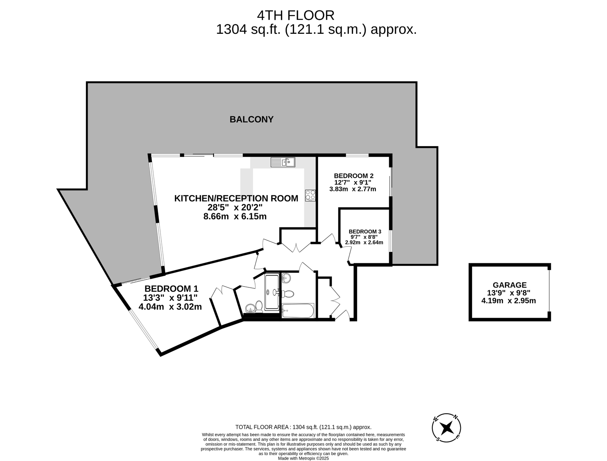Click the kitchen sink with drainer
point(283,162)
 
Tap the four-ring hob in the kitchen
point(310,195)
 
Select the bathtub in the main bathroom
point(298,311)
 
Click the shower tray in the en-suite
point(272,292)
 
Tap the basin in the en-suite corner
point(250,308)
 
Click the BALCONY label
point(252,119)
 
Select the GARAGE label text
point(510,285)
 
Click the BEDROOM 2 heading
point(354,176)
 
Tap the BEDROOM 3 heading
point(365,231)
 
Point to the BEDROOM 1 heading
point(171,289)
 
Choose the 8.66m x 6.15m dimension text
point(235,216)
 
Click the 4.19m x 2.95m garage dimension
point(509,301)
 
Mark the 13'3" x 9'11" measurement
point(170,297)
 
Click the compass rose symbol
point(446,428)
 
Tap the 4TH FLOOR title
point(296,15)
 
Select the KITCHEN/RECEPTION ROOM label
point(236,198)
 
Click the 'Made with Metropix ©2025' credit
point(303,458)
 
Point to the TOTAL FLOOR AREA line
point(303,427)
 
